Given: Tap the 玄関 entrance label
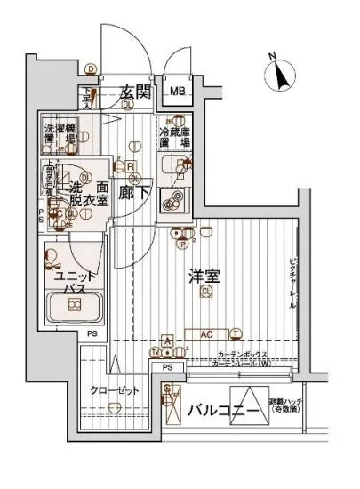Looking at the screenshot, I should pyautogui.click(x=136, y=92).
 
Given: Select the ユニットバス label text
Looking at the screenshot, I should pyautogui.click(x=69, y=283).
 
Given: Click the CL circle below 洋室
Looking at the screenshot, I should pyautogui.click(x=205, y=292).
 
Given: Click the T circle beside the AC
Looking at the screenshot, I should pyautogui.click(x=236, y=334).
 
